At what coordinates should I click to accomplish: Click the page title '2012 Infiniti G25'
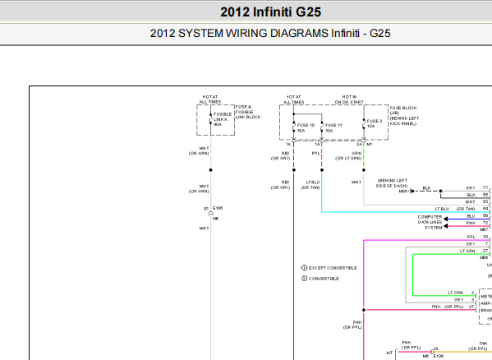(271, 12)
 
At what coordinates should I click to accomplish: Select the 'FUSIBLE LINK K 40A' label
(222, 118)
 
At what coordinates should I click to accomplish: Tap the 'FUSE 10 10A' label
(306, 127)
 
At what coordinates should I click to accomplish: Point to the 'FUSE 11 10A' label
(333, 127)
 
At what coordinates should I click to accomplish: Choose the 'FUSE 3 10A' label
(375, 124)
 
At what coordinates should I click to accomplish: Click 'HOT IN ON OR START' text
(349, 99)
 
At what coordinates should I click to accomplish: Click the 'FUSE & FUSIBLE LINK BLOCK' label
(249, 112)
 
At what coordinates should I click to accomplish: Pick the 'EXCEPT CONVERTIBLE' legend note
(332, 268)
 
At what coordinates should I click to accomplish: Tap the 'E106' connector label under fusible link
(218, 209)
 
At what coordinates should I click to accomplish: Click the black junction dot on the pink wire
(364, 310)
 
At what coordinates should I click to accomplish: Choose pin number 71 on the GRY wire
(485, 188)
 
